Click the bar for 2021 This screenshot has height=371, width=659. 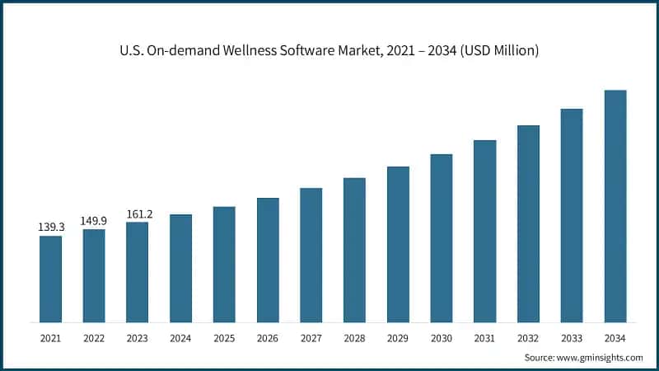point(50,279)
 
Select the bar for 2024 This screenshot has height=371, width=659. point(180,268)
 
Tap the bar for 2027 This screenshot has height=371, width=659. point(311,255)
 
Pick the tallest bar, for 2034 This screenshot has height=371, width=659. point(615,206)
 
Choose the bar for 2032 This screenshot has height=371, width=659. point(528,223)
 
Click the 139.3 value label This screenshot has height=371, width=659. point(51,226)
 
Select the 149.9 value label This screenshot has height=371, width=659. point(94,220)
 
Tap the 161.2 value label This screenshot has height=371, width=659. point(138,214)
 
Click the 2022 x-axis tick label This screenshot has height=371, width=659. point(94,338)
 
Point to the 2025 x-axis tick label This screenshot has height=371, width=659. point(224,338)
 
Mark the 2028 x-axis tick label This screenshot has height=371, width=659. point(354,338)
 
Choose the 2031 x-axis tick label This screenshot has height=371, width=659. point(484,338)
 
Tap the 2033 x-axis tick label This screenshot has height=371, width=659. point(572,338)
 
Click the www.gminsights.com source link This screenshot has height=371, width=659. point(600,357)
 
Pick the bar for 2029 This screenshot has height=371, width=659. point(398,244)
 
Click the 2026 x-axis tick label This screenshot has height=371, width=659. point(268,338)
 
